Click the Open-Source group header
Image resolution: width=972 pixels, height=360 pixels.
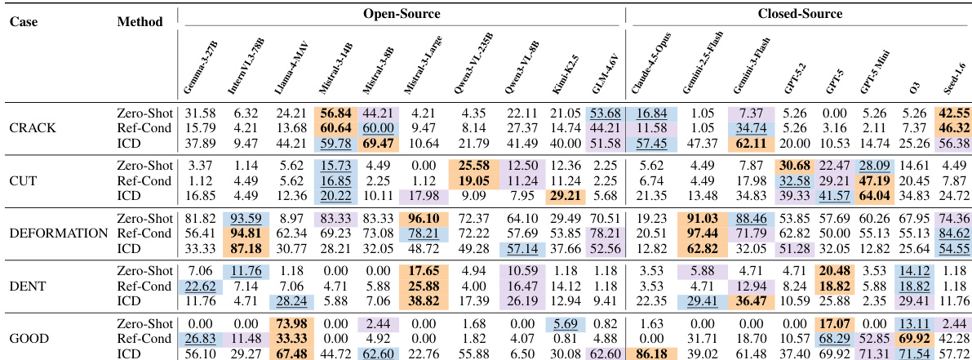tap(400, 15)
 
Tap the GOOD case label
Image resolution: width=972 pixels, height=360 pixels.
tap(30, 338)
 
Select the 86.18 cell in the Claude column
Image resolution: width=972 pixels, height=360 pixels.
tap(651, 352)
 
